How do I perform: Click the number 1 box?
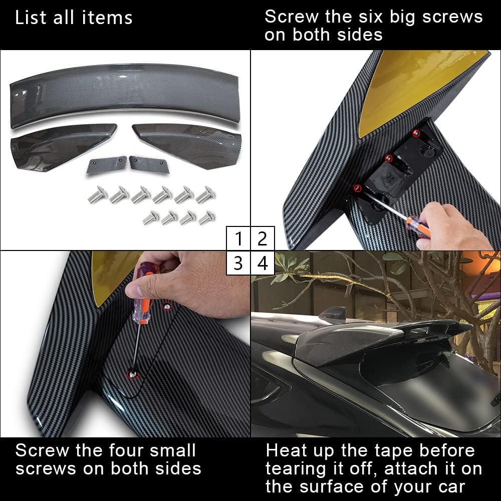pos(238,239)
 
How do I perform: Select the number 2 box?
pos(263,239)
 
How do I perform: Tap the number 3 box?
pos(238,263)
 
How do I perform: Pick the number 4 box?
pos(263,263)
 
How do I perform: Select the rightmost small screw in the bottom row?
pos(206,217)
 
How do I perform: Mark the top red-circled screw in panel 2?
pos(416,133)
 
